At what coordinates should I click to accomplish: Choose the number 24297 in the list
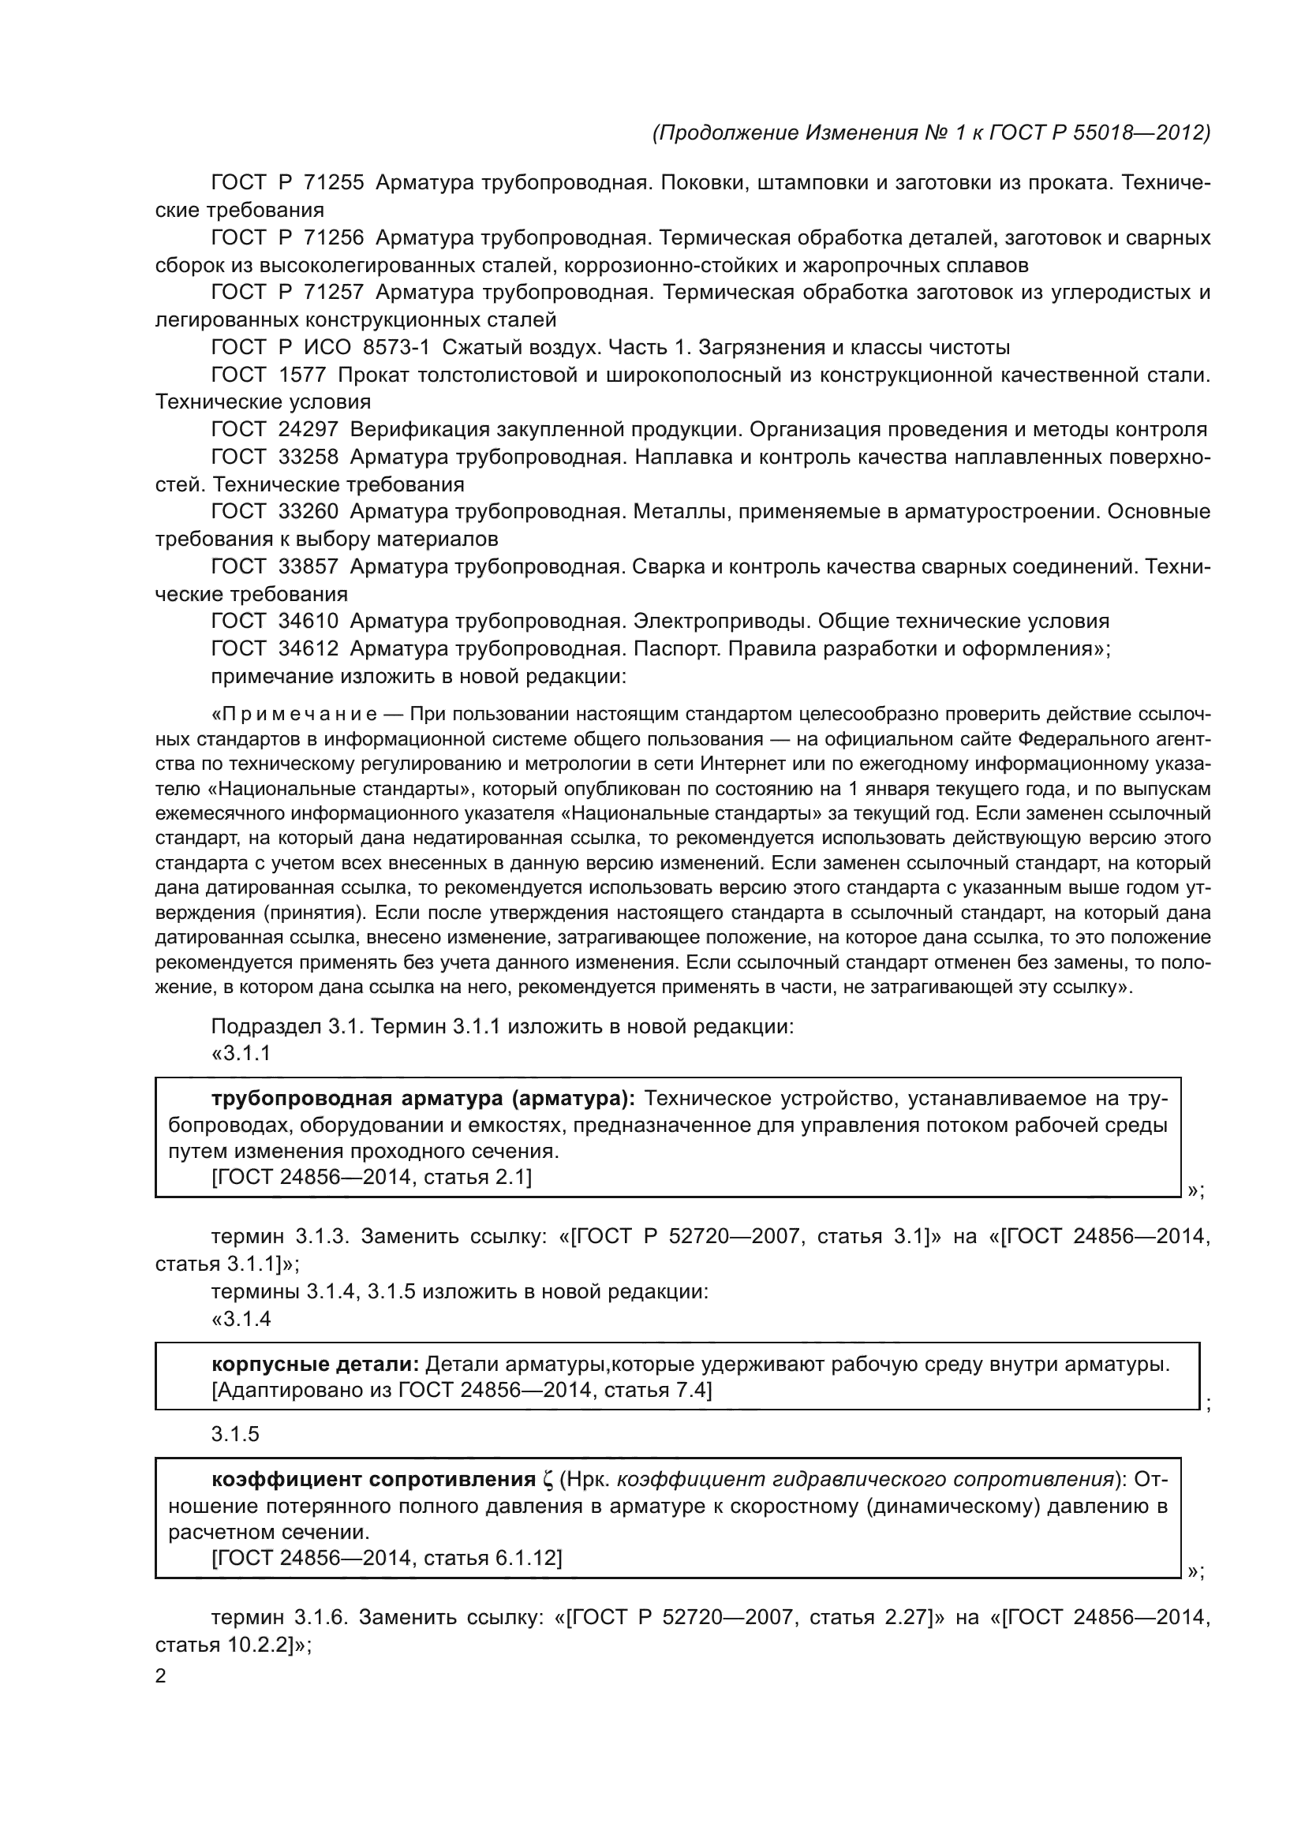point(308,430)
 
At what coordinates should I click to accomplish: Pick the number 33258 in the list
point(308,458)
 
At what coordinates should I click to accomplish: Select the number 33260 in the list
point(308,512)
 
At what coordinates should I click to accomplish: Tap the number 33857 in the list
point(308,567)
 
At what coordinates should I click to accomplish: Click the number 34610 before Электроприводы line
point(308,621)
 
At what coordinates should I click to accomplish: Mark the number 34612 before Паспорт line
point(308,648)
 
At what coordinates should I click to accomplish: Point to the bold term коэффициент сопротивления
point(374,1480)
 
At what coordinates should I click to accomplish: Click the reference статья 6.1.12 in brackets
point(492,1559)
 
